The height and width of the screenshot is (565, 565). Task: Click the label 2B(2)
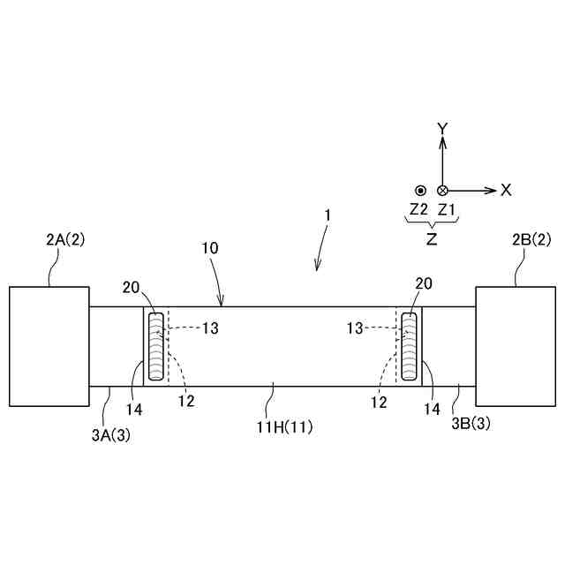pos(531,239)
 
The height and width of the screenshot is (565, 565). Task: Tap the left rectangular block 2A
pos(49,346)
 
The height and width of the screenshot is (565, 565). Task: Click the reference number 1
pos(328,215)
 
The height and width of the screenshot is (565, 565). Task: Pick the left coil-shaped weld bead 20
pos(155,346)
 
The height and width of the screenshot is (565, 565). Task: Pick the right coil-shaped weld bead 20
pos(410,346)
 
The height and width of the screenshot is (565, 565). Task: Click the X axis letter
pos(506,190)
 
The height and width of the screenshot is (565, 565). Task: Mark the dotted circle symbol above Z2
pos(421,190)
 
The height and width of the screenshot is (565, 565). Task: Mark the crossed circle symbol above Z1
pos(443,190)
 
